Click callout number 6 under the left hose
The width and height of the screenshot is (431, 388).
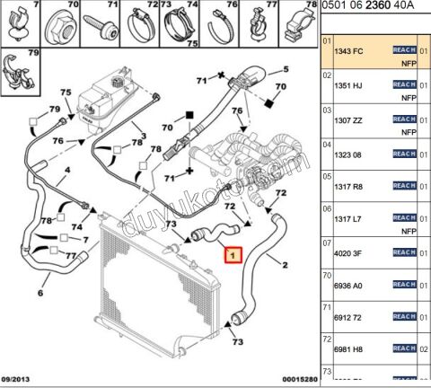click(x=40, y=293)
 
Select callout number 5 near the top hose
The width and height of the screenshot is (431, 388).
click(x=286, y=69)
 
